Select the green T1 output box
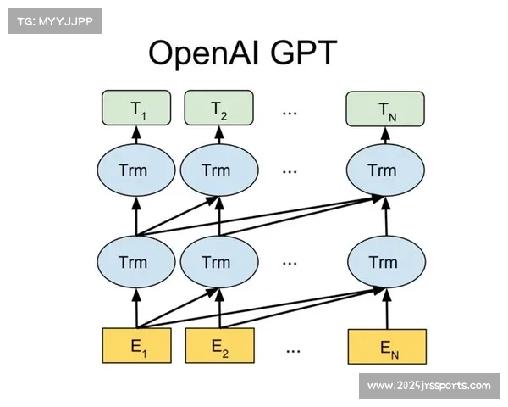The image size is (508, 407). point(137,109)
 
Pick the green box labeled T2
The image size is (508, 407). point(219,109)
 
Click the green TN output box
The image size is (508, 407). point(384,109)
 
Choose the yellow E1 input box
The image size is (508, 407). point(137,345)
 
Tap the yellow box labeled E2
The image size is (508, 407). point(219,345)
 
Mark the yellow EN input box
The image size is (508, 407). point(386,345)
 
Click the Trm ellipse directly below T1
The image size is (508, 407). point(135,170)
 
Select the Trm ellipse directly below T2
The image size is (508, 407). point(218,170)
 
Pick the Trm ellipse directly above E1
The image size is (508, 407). point(135,261)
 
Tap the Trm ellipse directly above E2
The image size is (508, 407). point(218,261)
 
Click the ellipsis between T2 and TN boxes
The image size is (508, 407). point(290,111)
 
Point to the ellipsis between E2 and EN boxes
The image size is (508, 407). point(294,347)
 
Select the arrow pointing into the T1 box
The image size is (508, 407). point(135,137)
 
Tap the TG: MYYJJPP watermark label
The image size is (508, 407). point(53,21)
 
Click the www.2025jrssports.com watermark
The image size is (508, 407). point(428,386)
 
